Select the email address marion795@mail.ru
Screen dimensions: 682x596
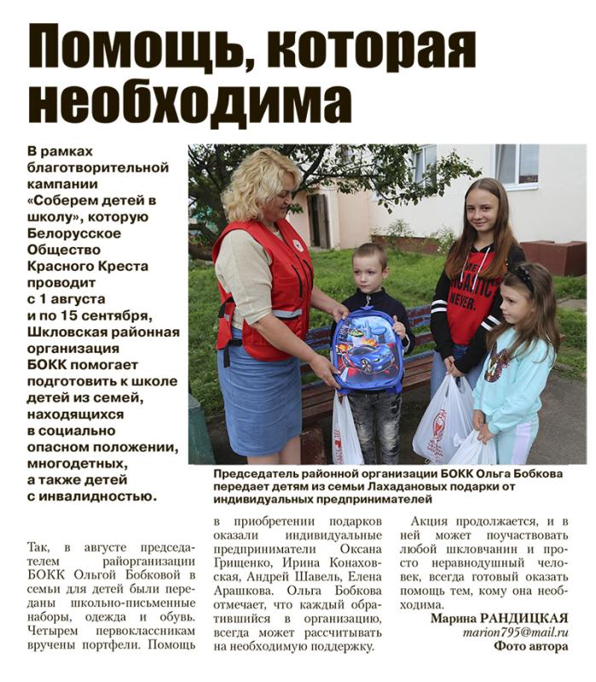(x=515, y=633)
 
